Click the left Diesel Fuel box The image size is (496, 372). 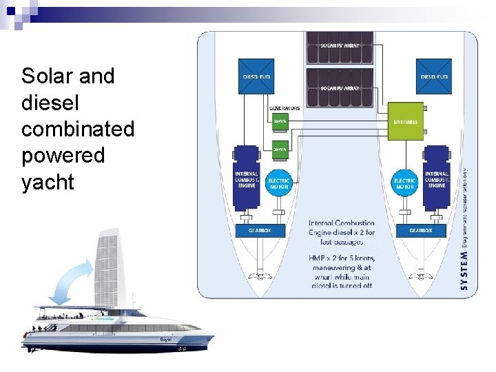point(256,76)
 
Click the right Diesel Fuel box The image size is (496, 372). point(434,76)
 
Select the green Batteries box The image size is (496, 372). point(405,121)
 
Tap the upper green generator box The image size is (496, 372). point(279,122)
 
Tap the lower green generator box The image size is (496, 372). point(279,148)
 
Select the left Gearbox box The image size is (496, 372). point(254,231)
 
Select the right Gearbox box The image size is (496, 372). point(421,231)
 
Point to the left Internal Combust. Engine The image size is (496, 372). point(246,178)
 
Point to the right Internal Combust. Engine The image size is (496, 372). point(436,178)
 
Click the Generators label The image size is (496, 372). point(284,108)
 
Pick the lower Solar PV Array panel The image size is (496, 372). point(340,87)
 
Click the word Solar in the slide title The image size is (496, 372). point(48,76)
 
